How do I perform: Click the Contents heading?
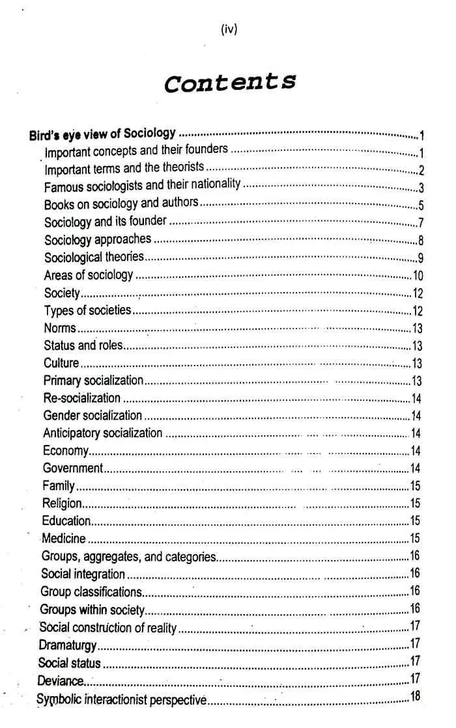pyautogui.click(x=230, y=83)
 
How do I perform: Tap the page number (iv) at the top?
pyautogui.click(x=229, y=30)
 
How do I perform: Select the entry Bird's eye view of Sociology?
pyautogui.click(x=102, y=134)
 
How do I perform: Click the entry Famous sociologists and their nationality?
pyautogui.click(x=142, y=185)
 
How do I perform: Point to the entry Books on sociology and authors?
pyautogui.click(x=121, y=204)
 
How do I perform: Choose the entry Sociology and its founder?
pyautogui.click(x=106, y=221)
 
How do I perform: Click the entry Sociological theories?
pyautogui.click(x=94, y=257)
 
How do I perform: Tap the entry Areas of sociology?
pyautogui.click(x=89, y=275)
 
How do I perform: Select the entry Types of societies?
pyautogui.click(x=87, y=310)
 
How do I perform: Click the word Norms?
pyautogui.click(x=60, y=328)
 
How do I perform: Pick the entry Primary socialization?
pyautogui.click(x=93, y=380)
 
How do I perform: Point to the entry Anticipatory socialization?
pyautogui.click(x=102, y=433)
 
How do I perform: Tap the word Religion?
pyautogui.click(x=62, y=503)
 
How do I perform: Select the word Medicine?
pyautogui.click(x=64, y=538)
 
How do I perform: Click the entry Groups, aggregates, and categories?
pyautogui.click(x=128, y=556)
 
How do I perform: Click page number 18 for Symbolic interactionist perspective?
pyautogui.click(x=416, y=697)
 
